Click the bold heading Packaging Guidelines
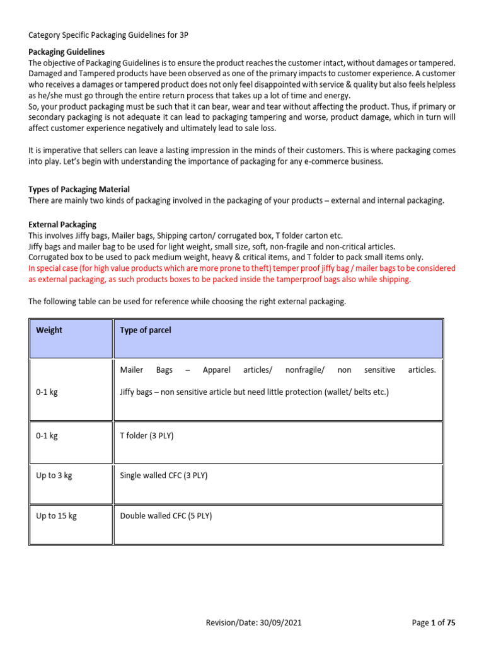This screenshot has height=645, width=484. tap(67, 52)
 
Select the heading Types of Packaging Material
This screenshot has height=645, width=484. tap(79, 190)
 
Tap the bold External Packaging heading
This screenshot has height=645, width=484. tap(62, 224)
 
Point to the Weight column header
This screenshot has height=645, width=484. tap(49, 331)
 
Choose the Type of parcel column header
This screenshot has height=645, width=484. tap(145, 331)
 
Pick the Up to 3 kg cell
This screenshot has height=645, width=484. tap(54, 476)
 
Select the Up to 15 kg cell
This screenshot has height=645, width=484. tap(56, 516)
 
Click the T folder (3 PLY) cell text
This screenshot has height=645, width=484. tap(146, 436)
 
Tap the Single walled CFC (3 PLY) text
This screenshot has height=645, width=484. tap(163, 476)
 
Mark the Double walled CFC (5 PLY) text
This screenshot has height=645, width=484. tap(166, 516)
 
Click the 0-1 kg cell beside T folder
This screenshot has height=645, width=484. tap(47, 436)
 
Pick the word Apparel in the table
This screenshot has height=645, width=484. tap(217, 370)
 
